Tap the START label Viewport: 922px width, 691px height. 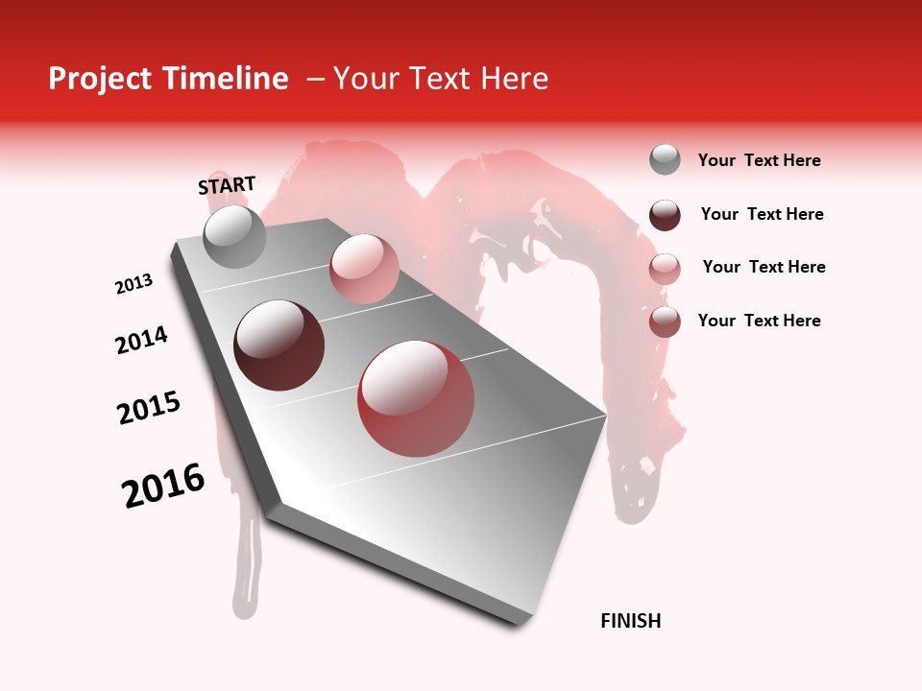coord(227,185)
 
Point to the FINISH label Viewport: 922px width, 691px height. coord(630,621)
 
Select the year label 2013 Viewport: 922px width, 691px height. coord(134,284)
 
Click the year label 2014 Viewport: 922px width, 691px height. coord(141,341)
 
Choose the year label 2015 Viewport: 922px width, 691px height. coord(149,408)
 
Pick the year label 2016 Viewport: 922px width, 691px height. coord(163,486)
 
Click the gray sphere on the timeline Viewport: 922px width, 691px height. coord(234,236)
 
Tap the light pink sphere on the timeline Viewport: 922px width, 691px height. coord(363,268)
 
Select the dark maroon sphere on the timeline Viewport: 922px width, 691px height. coord(279,345)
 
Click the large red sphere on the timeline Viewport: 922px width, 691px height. coord(415,398)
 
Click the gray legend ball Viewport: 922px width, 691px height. coord(665,160)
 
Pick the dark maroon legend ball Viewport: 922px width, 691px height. coord(665,215)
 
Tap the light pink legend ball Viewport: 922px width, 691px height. coord(665,269)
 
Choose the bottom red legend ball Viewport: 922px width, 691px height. coord(665,322)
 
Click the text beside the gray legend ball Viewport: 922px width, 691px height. coord(759,161)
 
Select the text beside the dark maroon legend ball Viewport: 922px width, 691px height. coord(762,214)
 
